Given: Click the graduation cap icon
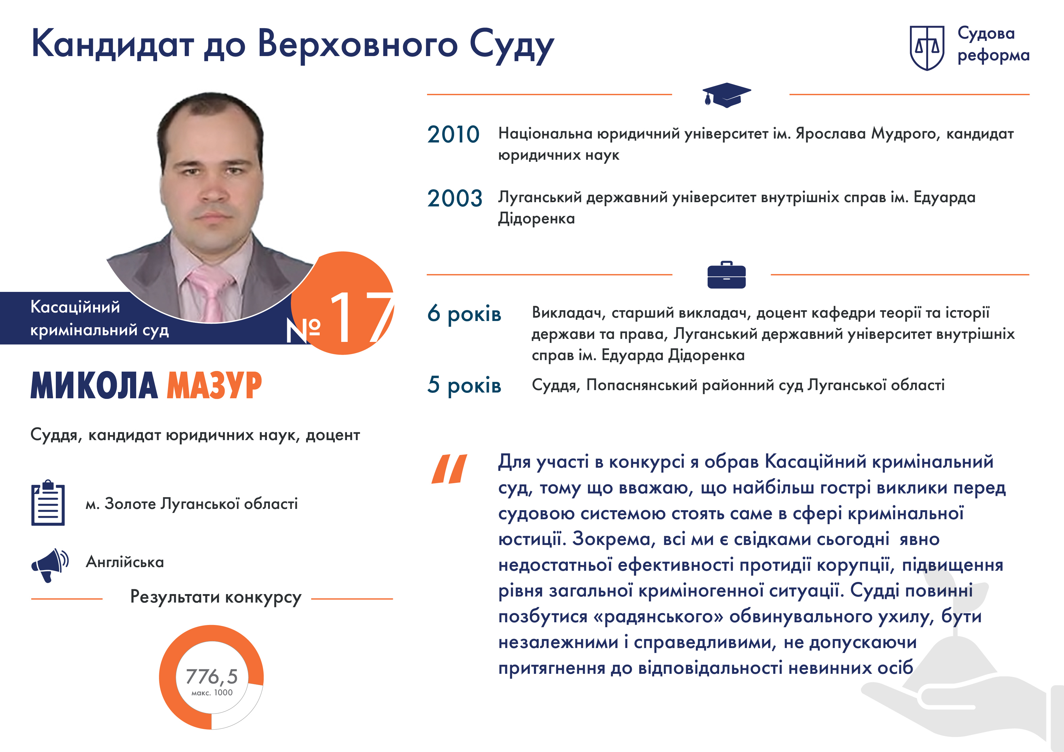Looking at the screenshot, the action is (x=726, y=95).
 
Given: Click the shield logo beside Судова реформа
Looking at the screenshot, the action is (x=927, y=48).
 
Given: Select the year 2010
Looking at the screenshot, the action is (x=453, y=135).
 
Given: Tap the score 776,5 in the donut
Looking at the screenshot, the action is (x=211, y=677).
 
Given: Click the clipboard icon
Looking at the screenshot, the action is (x=48, y=503).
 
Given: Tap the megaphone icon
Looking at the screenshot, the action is (x=49, y=565).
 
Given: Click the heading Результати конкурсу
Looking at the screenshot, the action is (x=216, y=597).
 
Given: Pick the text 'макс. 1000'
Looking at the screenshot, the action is (x=212, y=693).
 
